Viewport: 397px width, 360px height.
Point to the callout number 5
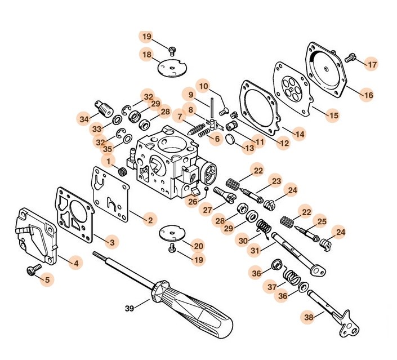[x=47, y=278]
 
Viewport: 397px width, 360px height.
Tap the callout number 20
[x=198, y=246]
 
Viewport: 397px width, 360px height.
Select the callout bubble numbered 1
[x=109, y=161]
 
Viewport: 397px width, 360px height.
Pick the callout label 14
[x=299, y=134]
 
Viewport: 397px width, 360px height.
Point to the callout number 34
[x=83, y=119]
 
